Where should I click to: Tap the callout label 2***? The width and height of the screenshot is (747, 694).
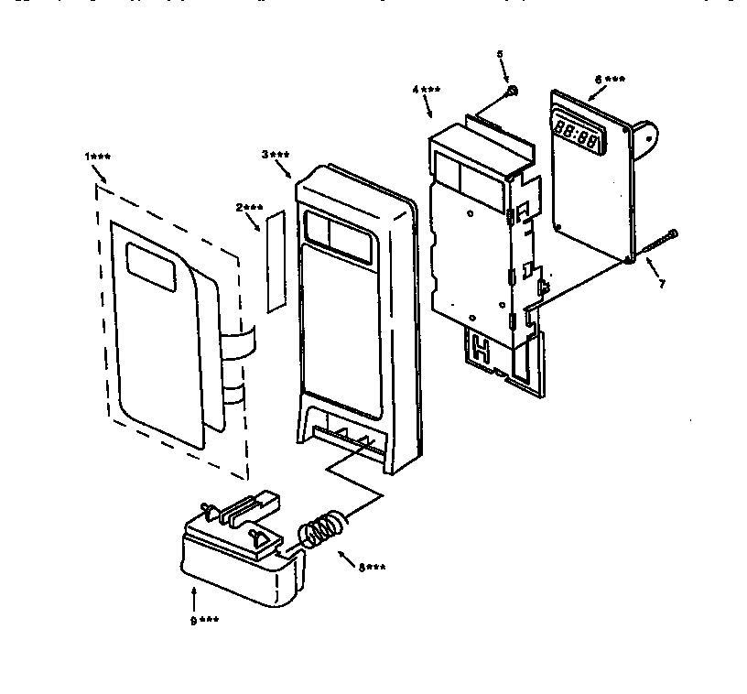click(249, 208)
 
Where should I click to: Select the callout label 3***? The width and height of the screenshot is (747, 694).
click(276, 155)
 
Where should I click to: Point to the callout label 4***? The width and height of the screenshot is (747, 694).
click(426, 90)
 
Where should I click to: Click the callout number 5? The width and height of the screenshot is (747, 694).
click(500, 55)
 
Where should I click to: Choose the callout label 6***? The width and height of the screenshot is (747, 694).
click(610, 80)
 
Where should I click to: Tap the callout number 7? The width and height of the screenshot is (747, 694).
click(662, 284)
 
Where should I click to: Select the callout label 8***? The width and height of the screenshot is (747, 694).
click(371, 568)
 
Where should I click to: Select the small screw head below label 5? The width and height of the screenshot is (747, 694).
click(512, 91)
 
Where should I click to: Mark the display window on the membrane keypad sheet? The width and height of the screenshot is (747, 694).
click(146, 263)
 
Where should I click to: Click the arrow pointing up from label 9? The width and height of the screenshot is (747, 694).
click(194, 601)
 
